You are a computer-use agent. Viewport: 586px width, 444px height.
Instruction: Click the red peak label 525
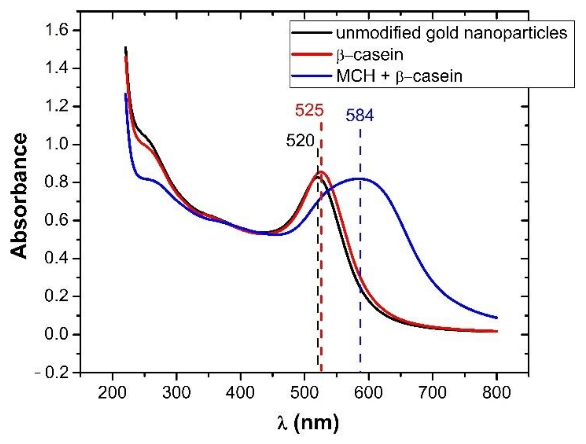point(309,111)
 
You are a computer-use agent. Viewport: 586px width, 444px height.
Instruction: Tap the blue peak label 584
point(360,116)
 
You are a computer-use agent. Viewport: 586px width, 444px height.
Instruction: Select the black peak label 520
point(300,141)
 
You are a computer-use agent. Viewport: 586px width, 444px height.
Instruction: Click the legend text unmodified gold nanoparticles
point(451,33)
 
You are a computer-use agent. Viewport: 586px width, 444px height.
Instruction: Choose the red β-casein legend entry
point(370,55)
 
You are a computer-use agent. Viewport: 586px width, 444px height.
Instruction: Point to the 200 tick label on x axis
point(112,393)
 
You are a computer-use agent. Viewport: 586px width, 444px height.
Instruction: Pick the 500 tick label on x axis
point(304,393)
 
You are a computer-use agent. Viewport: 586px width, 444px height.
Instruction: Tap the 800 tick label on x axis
point(496,393)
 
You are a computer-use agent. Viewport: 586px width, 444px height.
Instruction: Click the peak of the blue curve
point(360,178)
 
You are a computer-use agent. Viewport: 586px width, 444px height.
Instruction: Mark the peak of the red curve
point(321,172)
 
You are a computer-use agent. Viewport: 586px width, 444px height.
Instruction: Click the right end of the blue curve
point(497,318)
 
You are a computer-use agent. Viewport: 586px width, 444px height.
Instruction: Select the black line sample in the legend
point(311,33)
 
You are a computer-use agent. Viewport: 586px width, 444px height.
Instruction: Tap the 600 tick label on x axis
point(368,393)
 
